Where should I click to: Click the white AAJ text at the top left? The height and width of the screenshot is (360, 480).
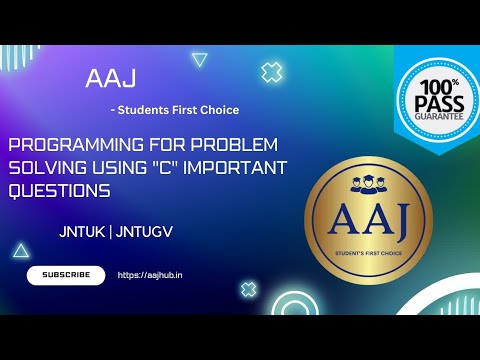pos(111,79)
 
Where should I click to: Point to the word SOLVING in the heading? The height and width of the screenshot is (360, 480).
pos(48,166)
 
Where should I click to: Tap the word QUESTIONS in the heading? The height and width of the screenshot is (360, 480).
pos(59,188)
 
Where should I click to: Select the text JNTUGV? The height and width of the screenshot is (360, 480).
pos(146,229)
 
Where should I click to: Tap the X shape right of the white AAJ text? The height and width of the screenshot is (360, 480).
pos(271,72)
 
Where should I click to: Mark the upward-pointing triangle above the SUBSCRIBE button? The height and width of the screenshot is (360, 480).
pos(20,250)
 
